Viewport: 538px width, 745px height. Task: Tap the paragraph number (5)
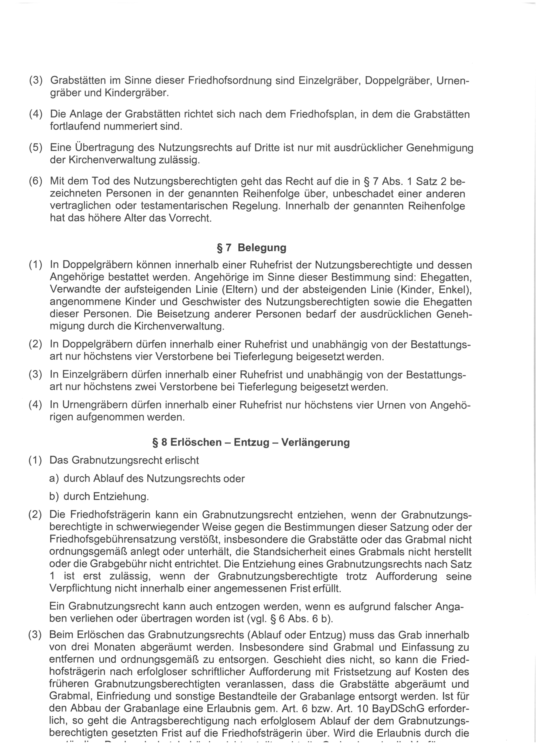(x=36, y=148)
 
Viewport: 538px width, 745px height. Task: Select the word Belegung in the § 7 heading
(x=262, y=248)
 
